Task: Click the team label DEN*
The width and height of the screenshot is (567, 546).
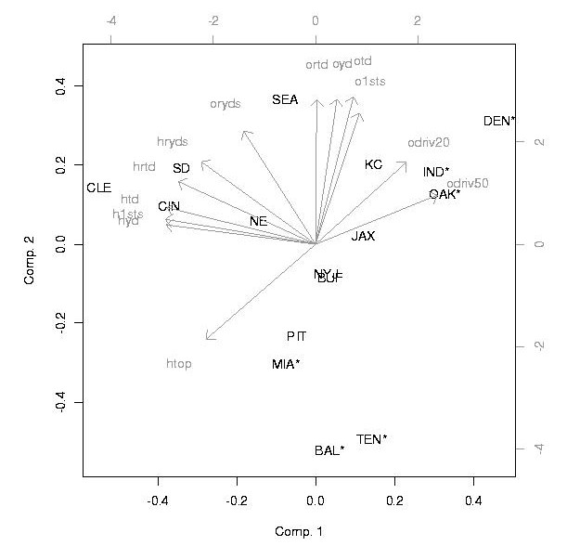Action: click(x=500, y=122)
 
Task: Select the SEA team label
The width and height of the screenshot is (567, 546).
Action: click(x=285, y=99)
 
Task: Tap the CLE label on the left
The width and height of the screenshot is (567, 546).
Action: click(x=98, y=188)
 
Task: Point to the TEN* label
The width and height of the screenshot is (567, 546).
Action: click(x=372, y=439)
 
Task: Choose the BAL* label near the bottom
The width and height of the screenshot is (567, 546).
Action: click(x=329, y=451)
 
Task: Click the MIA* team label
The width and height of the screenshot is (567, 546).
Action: click(x=286, y=364)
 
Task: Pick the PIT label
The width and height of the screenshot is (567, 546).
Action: click(x=296, y=336)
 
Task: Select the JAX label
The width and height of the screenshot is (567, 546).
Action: click(x=363, y=237)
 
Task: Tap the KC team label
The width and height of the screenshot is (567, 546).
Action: click(x=373, y=164)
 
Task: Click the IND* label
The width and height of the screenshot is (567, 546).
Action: click(x=436, y=173)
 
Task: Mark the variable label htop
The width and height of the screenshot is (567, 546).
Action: click(x=178, y=364)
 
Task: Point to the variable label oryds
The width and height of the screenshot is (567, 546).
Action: click(x=226, y=104)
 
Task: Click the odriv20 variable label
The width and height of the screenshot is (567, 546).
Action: click(x=429, y=143)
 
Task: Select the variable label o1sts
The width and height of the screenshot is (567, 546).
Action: click(x=369, y=82)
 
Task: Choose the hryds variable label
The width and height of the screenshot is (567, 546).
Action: click(x=173, y=142)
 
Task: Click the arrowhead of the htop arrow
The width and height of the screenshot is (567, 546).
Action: click(x=208, y=339)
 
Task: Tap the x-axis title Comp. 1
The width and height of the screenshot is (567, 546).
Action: click(x=297, y=532)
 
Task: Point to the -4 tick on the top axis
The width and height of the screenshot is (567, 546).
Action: click(x=111, y=20)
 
